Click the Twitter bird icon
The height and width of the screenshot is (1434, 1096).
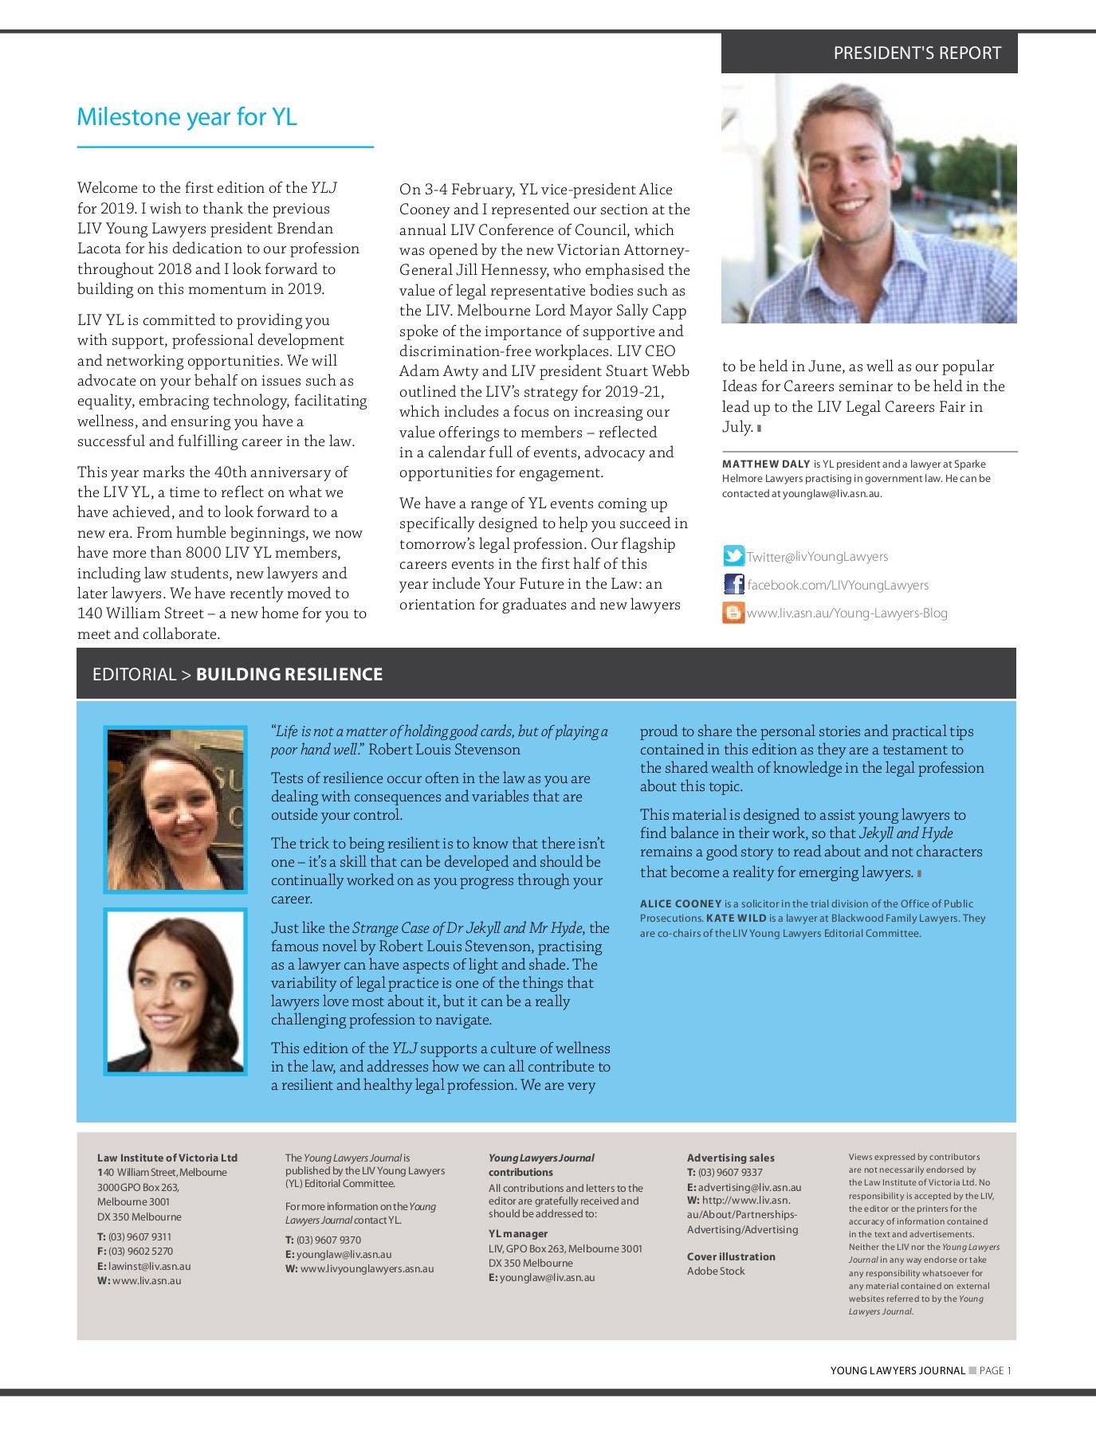pos(733,556)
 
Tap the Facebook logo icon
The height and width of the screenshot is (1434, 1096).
pos(733,585)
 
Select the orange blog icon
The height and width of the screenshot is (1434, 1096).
pos(733,613)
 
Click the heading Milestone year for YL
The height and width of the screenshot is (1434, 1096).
pos(187,117)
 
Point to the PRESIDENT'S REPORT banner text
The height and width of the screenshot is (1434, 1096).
pos(917,53)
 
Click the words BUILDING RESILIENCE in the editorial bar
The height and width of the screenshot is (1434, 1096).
pos(289,675)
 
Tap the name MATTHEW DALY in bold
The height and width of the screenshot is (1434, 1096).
pos(766,464)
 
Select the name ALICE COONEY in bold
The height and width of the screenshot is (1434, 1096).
pos(681,904)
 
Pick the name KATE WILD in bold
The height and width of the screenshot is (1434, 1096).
pos(736,919)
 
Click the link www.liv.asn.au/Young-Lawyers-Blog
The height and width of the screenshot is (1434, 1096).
pos(847,613)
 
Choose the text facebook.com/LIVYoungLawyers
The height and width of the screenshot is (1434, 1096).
pos(838,586)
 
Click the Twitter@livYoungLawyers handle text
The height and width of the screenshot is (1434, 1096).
pos(817,557)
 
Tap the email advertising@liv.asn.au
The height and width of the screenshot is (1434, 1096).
pos(749,1188)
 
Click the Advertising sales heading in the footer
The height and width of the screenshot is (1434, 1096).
pos(730,1158)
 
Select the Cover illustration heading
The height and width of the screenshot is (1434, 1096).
pos(731,1257)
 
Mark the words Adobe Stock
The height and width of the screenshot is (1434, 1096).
pos(716,1271)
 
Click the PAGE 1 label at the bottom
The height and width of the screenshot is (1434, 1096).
pos(995,1371)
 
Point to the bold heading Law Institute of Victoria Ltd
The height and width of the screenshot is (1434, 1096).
pos(167,1158)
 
